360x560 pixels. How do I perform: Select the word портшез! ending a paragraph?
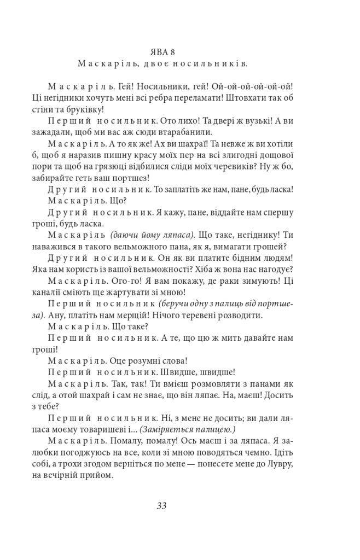pyautogui.click(x=131, y=178)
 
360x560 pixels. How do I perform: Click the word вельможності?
pyautogui.click(x=181, y=269)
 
